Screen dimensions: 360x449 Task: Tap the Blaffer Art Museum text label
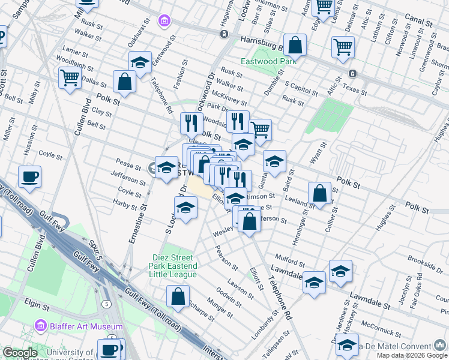click(x=85, y=327)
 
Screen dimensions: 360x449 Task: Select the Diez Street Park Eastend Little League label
click(x=173, y=266)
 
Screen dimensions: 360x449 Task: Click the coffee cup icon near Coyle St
click(x=29, y=178)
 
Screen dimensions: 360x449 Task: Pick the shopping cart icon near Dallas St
click(x=70, y=78)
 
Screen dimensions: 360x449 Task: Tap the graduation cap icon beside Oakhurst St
click(x=140, y=63)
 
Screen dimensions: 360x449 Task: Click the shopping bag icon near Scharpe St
click(x=178, y=296)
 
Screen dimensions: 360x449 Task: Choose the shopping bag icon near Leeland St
click(x=320, y=194)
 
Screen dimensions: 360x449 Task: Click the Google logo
click(x=20, y=353)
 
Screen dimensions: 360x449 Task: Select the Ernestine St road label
click(x=137, y=224)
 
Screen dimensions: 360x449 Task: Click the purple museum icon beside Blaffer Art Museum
click(x=41, y=327)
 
